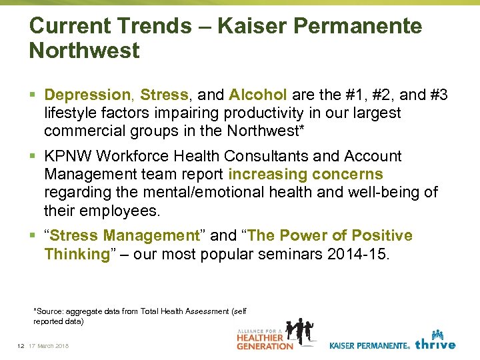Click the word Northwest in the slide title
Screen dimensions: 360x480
(x=85, y=51)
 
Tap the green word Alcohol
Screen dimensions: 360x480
(x=258, y=95)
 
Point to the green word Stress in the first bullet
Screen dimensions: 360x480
(x=164, y=95)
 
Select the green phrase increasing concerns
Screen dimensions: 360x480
(x=305, y=175)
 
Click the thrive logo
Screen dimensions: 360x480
(x=435, y=341)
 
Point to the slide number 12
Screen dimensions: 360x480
(x=21, y=345)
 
